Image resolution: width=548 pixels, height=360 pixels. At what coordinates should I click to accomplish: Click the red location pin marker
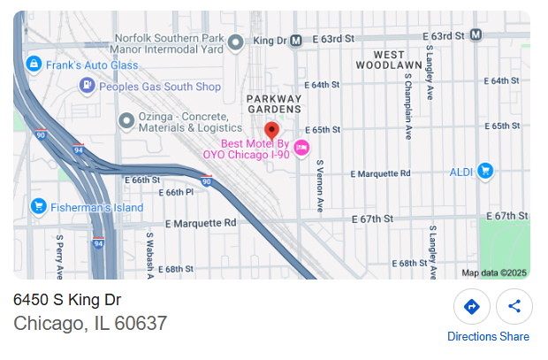271,131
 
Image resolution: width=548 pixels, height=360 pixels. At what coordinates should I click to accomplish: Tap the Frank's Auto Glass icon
34,64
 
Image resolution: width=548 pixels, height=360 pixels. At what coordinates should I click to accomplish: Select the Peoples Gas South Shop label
159,87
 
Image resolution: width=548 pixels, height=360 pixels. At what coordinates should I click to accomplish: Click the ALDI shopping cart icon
484,171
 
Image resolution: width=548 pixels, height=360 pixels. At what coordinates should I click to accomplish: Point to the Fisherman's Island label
97,208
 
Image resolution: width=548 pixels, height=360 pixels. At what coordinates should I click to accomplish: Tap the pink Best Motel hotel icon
301,148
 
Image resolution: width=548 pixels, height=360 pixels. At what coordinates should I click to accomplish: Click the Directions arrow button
471,307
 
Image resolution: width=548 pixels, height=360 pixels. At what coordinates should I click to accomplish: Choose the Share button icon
514,307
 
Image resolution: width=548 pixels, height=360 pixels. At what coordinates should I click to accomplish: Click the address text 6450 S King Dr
67,300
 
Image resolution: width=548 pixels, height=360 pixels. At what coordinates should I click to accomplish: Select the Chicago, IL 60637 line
90,324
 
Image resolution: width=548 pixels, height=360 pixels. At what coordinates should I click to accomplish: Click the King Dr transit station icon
297,40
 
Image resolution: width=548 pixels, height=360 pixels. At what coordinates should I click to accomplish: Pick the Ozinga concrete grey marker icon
126,120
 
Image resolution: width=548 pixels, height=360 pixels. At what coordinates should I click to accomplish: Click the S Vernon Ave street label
320,187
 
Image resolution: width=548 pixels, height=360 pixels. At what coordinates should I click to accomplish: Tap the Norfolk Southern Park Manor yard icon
235,41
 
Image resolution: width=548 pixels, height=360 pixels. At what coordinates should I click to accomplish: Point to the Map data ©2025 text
493,272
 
